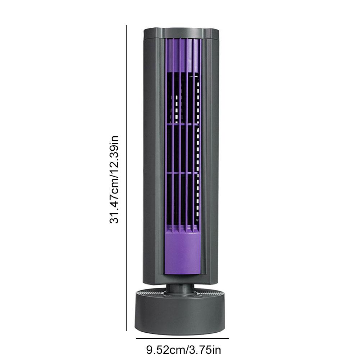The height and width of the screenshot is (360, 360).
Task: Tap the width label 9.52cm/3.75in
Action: click(x=183, y=349)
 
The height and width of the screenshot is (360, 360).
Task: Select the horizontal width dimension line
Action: click(x=182, y=338)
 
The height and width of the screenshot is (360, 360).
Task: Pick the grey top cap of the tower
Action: click(x=181, y=33)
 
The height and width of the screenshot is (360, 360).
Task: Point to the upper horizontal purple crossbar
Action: click(x=182, y=124)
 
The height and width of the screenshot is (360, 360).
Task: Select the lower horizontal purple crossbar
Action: click(x=182, y=173)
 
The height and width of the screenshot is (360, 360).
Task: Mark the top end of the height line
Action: click(x=126, y=26)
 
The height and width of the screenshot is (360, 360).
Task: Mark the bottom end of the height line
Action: click(x=126, y=330)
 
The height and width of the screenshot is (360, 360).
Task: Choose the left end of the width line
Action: click(x=137, y=338)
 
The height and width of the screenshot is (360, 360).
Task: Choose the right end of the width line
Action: click(x=228, y=338)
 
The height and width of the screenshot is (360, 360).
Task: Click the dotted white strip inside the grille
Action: click(x=197, y=151)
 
